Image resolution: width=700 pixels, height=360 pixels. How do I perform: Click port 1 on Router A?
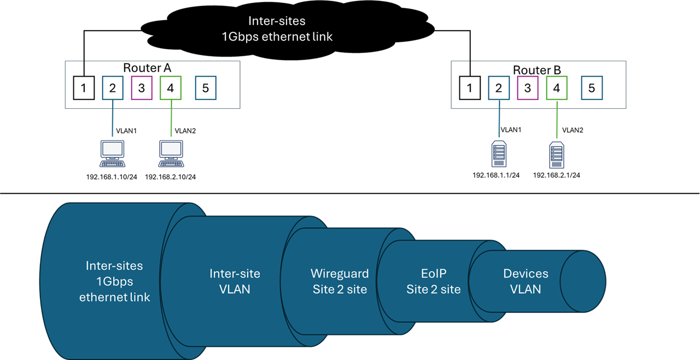[84, 88]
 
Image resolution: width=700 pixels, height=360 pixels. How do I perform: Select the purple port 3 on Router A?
[142, 88]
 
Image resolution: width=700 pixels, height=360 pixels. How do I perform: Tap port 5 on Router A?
[206, 88]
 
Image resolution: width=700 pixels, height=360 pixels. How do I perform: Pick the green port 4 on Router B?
[556, 88]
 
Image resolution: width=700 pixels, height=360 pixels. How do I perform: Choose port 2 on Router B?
[498, 88]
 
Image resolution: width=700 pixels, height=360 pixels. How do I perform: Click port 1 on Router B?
[470, 88]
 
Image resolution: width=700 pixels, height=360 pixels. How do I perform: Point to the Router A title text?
[147, 68]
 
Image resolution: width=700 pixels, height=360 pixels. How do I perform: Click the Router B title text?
[537, 70]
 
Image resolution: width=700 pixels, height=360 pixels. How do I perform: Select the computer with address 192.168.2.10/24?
[171, 154]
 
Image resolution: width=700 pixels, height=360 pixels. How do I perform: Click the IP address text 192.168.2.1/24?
[556, 176]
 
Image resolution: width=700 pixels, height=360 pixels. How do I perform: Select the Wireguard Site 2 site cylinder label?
[340, 281]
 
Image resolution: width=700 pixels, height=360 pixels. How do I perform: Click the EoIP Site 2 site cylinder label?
[433, 281]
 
